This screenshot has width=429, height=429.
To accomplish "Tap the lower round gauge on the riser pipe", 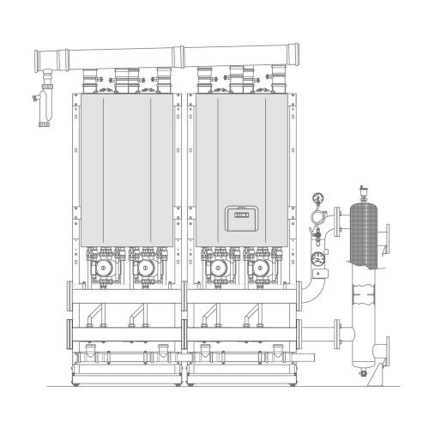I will click(318, 255).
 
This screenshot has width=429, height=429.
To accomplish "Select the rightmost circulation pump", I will click(259, 267).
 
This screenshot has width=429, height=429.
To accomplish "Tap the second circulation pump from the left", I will click(143, 267).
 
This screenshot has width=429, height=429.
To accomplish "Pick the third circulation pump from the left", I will click(218, 267).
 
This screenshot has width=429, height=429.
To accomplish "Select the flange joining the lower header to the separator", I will click(338, 331).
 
